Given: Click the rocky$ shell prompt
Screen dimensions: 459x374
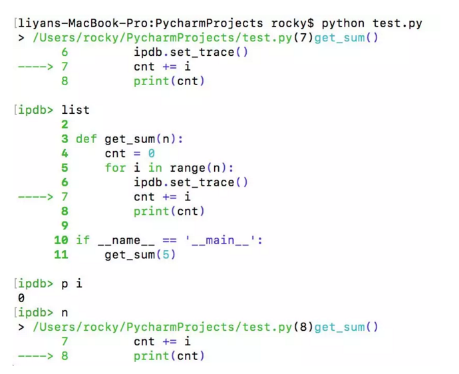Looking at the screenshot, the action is (x=289, y=24).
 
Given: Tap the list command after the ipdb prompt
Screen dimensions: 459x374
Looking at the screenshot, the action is (x=75, y=110).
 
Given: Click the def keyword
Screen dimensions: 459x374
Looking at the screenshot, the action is (x=86, y=139).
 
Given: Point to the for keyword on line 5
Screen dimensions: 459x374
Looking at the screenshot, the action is (x=115, y=168).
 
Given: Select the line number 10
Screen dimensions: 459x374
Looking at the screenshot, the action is (x=61, y=240).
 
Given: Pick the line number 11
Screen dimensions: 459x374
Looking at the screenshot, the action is (x=61, y=255).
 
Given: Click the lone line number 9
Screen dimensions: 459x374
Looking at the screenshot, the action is (x=65, y=226).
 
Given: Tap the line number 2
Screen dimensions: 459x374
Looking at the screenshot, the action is (x=65, y=124).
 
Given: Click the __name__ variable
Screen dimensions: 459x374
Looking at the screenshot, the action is (x=126, y=240).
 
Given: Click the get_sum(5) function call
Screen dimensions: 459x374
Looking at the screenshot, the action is (x=140, y=255).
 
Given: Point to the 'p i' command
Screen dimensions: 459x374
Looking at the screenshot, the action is (x=72, y=283).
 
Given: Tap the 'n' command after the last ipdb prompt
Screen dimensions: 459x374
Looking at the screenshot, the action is (x=65, y=313).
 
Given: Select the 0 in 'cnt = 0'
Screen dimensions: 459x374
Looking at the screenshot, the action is (x=151, y=154).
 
